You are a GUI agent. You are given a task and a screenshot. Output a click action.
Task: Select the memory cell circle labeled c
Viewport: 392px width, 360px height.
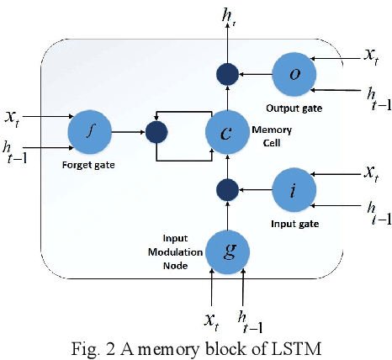229,132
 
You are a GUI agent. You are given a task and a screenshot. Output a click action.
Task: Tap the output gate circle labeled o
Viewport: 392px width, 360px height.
295,74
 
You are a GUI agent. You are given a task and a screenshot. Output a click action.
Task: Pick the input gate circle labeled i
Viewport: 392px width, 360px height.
295,190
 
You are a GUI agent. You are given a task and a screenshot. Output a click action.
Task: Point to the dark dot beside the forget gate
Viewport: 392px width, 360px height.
156,132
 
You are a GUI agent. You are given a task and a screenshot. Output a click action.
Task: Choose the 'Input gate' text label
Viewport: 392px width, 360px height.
294,224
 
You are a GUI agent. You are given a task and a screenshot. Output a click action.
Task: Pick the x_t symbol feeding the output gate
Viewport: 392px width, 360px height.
369,55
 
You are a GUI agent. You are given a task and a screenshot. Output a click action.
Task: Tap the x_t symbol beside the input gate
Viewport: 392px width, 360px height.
369,172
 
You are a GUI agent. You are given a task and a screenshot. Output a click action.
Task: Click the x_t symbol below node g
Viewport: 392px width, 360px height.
212,320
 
